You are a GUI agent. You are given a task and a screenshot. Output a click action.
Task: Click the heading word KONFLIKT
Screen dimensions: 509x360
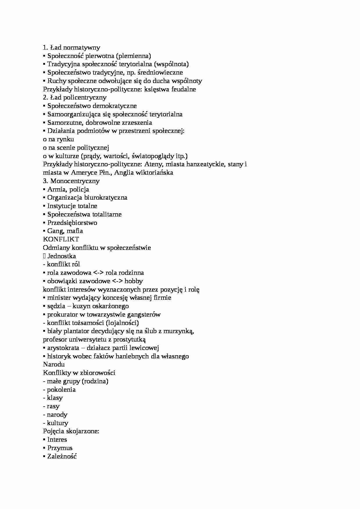coord(61,239)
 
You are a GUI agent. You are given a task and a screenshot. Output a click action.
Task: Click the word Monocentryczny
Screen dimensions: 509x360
coord(75,181)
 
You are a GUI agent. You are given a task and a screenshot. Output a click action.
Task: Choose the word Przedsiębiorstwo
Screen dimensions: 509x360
coord(72,223)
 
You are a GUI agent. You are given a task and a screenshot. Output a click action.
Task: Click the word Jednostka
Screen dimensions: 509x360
coord(62,256)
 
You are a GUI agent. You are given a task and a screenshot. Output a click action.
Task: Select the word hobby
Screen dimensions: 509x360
coord(134,281)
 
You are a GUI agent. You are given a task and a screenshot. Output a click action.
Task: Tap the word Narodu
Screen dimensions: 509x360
coord(54,364)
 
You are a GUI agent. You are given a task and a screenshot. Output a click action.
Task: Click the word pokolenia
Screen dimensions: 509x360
coord(61,390)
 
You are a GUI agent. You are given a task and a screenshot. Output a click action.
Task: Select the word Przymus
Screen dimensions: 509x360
coord(60,448)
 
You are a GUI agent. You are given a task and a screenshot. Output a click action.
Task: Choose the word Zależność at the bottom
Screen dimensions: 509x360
coord(62,456)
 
